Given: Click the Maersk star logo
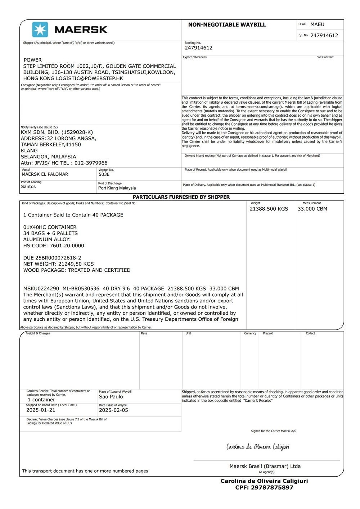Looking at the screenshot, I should (40, 30).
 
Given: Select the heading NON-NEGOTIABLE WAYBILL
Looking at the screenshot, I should (227, 25).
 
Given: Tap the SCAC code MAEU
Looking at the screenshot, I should (317, 24).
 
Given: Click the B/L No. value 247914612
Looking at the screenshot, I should (324, 36).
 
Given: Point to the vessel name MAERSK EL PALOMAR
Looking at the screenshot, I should (45, 174).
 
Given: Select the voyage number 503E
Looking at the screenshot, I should (104, 175).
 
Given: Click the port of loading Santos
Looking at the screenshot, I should (28, 187).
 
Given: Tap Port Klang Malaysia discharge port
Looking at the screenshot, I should (117, 188).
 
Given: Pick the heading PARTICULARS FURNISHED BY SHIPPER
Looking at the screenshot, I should (181, 197).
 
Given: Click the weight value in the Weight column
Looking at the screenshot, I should (269, 209).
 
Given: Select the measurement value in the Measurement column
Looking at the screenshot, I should (312, 209).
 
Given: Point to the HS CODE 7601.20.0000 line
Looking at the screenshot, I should (54, 246).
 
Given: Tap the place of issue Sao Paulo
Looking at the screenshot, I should (111, 397).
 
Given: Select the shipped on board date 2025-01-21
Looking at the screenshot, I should (41, 410).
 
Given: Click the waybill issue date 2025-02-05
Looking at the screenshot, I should (113, 410).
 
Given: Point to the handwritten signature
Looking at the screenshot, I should (258, 447).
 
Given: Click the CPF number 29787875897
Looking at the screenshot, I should (264, 488).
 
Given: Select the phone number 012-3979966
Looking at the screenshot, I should (91, 163).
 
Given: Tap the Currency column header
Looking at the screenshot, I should (250, 334).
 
